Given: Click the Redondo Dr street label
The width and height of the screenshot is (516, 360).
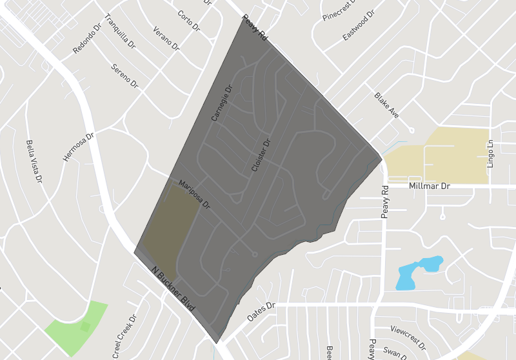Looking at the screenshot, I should [x=87, y=39].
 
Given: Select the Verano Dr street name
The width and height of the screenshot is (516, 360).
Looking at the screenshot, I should [x=166, y=39].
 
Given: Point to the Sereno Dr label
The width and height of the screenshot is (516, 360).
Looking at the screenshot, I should [x=124, y=75].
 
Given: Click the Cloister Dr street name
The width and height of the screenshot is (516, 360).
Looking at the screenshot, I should [x=261, y=152].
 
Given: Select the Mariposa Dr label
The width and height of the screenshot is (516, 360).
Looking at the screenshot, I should [x=195, y=194].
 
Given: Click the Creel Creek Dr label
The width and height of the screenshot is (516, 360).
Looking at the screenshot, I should [x=125, y=336].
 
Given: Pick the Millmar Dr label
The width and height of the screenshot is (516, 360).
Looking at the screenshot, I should [x=429, y=186].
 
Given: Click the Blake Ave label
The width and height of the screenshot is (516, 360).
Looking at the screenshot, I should [x=386, y=105].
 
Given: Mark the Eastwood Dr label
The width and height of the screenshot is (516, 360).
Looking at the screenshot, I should [x=359, y=25].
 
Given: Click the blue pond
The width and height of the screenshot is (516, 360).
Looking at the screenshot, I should [x=420, y=272].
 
